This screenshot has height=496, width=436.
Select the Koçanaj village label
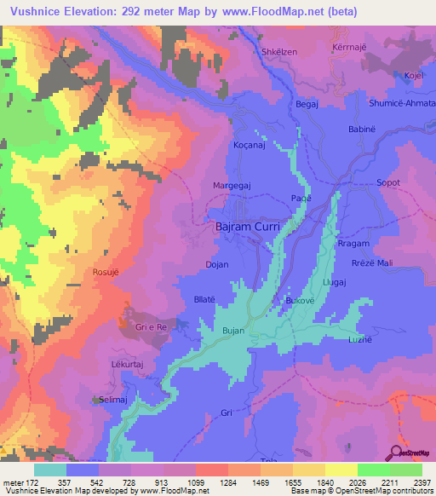pos(252,147)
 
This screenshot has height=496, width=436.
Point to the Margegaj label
pos(232,184)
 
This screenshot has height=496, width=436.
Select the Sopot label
pos(387,182)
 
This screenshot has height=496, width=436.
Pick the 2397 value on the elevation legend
pos(421,482)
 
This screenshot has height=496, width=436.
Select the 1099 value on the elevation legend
pos(194,482)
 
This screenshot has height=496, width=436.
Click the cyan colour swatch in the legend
pos(50,469)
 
